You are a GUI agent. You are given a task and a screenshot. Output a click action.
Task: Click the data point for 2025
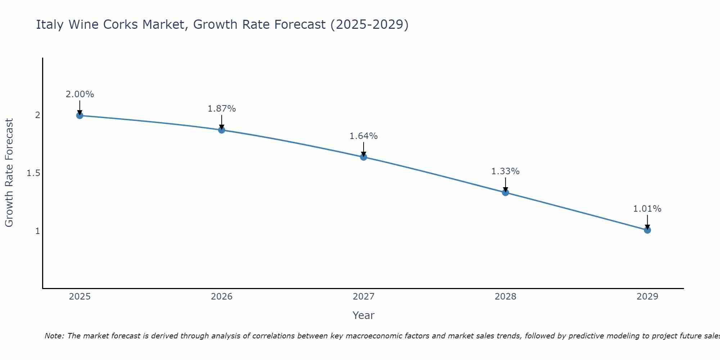[80, 116]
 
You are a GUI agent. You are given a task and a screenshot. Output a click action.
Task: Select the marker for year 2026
[222, 130]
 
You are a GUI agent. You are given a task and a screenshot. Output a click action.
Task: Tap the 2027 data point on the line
[364, 157]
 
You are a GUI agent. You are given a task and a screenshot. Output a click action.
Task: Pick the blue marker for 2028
[505, 192]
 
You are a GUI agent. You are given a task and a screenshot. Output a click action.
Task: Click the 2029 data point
[647, 230]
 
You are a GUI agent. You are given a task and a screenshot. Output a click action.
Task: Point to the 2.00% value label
[80, 94]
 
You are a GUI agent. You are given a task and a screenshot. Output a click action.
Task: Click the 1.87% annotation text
[222, 109]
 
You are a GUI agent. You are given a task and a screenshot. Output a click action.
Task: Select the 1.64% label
[364, 136]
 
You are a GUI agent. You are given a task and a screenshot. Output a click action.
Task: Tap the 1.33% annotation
[505, 171]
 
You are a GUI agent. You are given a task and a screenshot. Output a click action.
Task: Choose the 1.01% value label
[647, 209]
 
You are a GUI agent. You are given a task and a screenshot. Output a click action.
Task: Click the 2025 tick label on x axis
[80, 297]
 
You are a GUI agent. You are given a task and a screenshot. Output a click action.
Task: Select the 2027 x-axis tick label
[364, 297]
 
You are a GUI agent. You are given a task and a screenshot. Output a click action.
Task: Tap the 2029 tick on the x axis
[647, 297]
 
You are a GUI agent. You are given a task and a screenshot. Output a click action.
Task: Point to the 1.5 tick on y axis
[33, 174]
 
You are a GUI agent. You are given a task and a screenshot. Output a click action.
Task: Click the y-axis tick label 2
[37, 116]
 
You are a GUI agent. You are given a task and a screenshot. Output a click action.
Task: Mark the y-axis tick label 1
[37, 231]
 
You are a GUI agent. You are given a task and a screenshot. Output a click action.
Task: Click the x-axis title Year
[364, 315]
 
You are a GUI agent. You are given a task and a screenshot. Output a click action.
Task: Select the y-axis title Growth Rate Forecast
[9, 173]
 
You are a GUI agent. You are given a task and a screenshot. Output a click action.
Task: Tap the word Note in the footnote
[54, 336]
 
